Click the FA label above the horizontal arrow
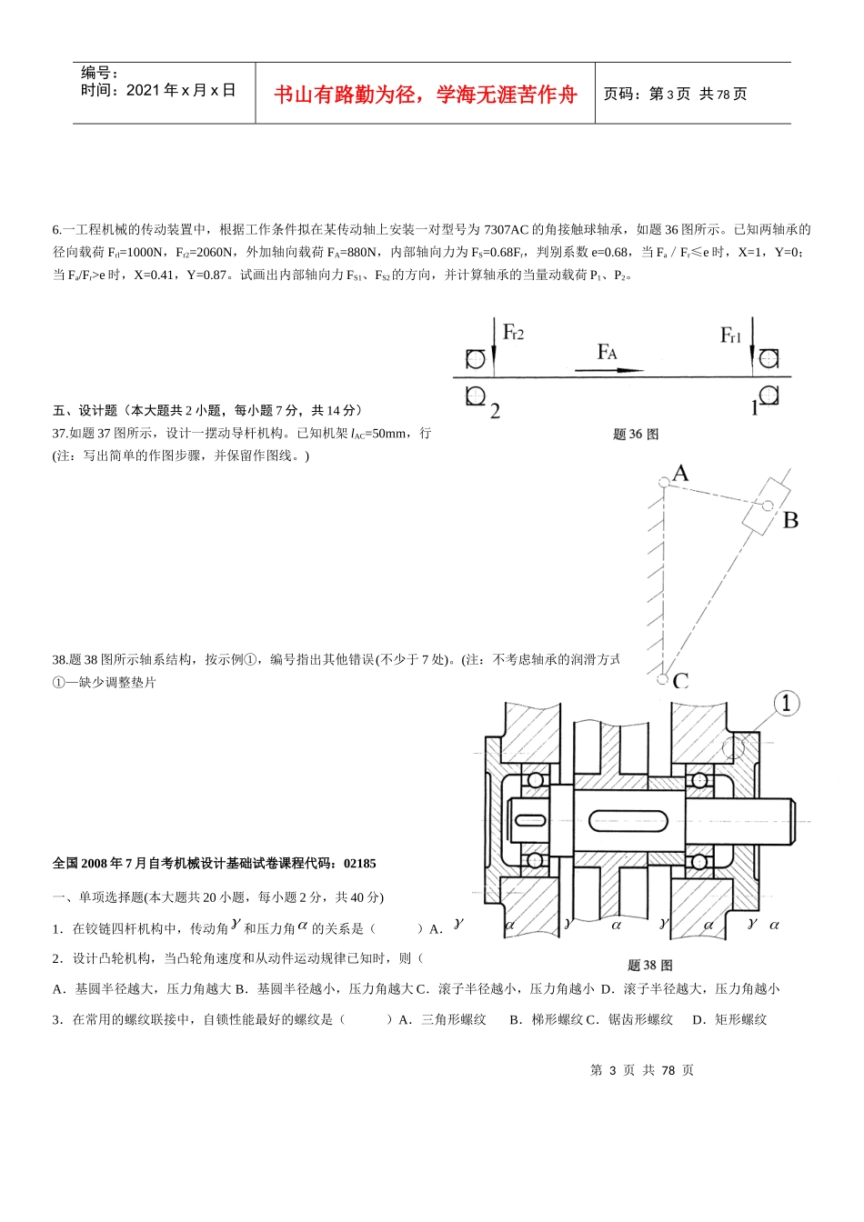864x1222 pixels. coord(607,352)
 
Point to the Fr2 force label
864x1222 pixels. coord(514,332)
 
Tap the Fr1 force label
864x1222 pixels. coord(731,336)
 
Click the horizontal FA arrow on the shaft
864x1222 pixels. coord(608,370)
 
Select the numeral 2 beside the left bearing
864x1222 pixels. coord(495,411)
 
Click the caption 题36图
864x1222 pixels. coord(636,435)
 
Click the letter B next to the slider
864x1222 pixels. coord(790,520)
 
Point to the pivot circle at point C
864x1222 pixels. coord(662,678)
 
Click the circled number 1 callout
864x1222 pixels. coord(786,703)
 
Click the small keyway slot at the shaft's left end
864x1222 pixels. coord(530,820)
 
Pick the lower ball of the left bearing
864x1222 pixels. coord(535,860)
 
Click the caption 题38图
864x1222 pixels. coord(649,966)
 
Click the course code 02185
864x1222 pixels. coord(360,864)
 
